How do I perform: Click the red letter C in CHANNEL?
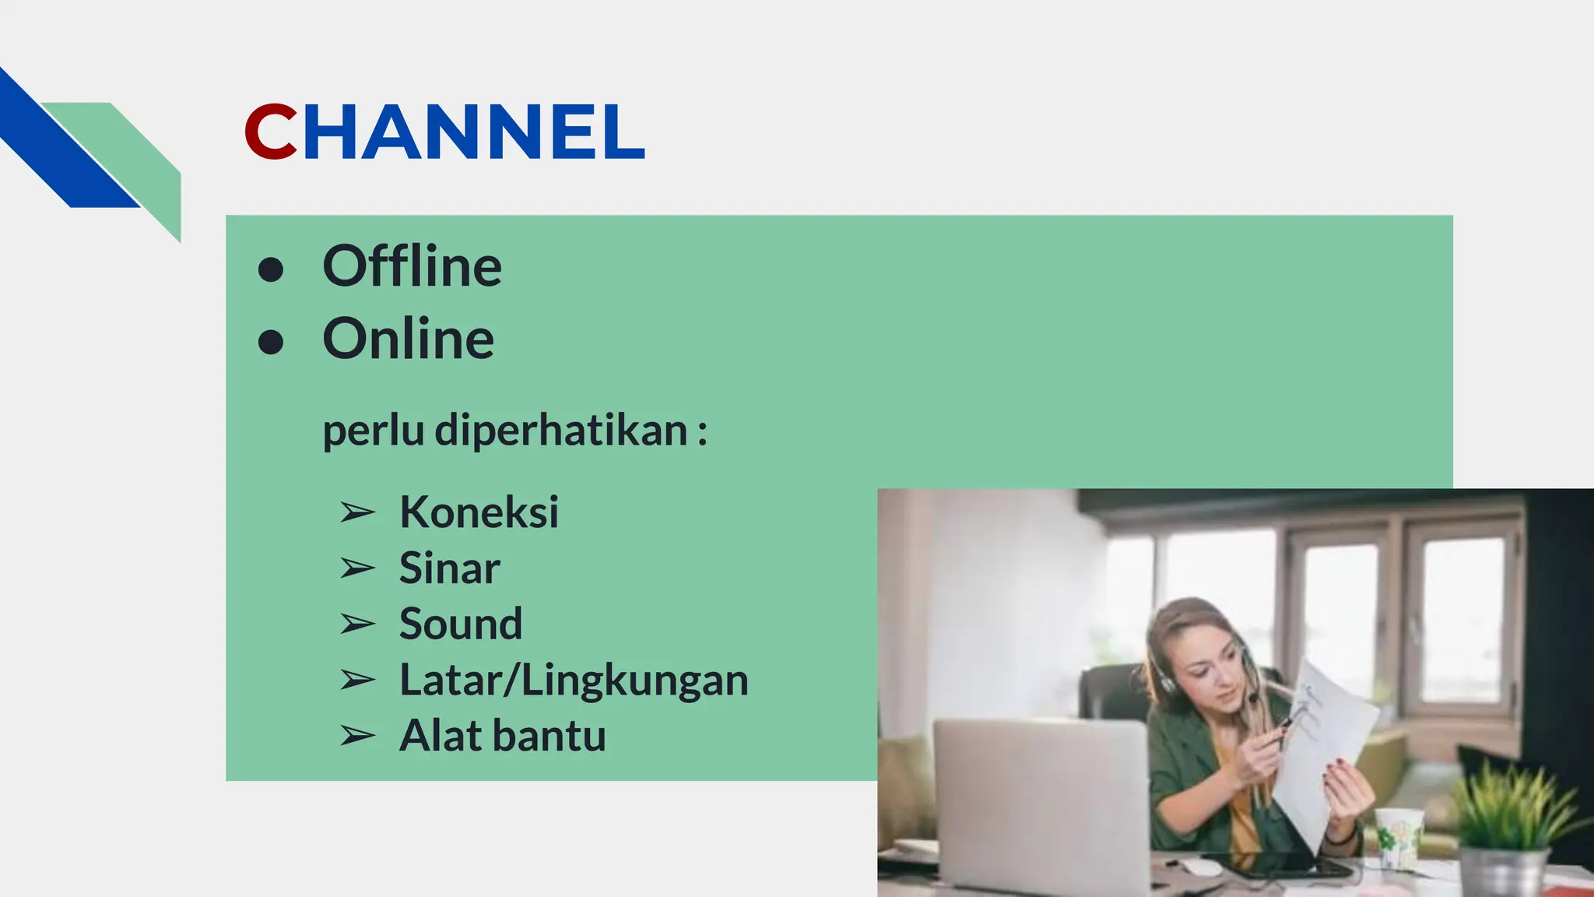pyautogui.click(x=270, y=132)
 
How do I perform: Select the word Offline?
pyautogui.click(x=412, y=267)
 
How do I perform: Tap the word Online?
pyautogui.click(x=408, y=339)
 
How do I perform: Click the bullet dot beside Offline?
pyautogui.click(x=271, y=269)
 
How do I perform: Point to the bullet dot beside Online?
pyautogui.click(x=271, y=342)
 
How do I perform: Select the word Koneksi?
pyautogui.click(x=479, y=512)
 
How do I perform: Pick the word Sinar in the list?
pyautogui.click(x=449, y=568)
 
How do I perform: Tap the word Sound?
pyautogui.click(x=460, y=624)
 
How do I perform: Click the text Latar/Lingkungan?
pyautogui.click(x=574, y=681)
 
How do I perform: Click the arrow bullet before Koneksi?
pyautogui.click(x=357, y=513)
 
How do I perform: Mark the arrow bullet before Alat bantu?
pyautogui.click(x=357, y=737)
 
